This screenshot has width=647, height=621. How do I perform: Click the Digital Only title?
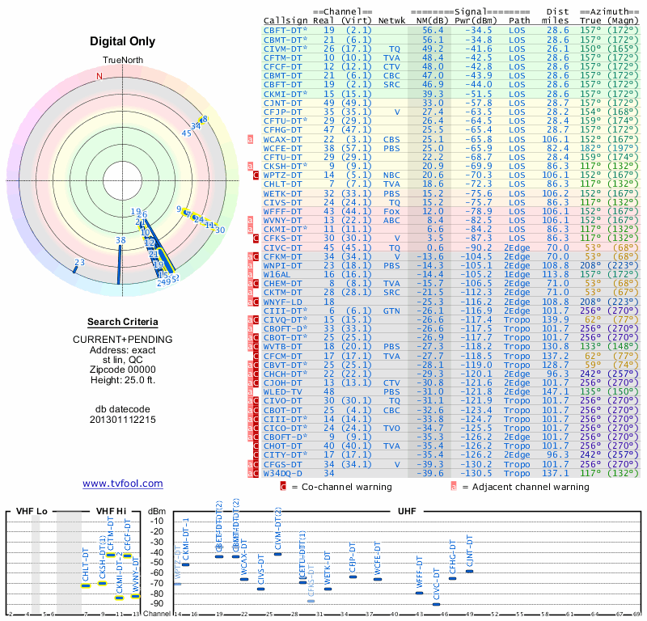123,41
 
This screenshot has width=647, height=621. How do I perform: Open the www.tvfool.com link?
123,484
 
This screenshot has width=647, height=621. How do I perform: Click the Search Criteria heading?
123,322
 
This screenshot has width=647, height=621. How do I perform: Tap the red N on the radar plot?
99,76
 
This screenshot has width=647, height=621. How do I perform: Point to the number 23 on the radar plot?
79,262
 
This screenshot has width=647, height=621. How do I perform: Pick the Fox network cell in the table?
391,211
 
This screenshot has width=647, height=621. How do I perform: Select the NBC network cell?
391,175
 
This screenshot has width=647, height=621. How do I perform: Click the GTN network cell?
391,310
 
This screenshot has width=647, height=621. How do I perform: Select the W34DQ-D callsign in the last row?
282,473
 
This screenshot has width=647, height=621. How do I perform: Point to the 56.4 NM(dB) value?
433,29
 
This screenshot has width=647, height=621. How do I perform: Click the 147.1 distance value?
556,391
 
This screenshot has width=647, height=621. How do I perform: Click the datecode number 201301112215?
123,420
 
